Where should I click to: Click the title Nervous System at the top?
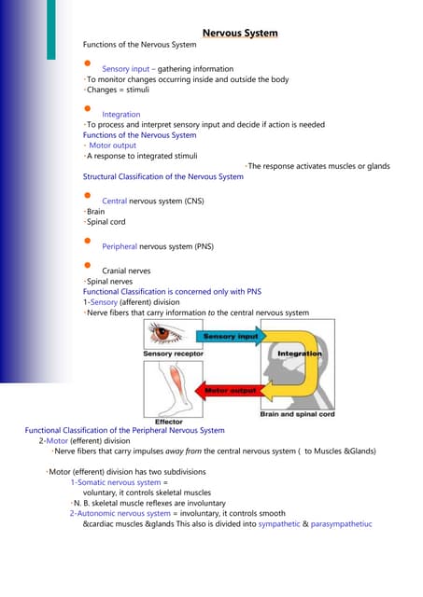(x=240, y=34)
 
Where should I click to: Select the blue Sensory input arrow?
(x=233, y=335)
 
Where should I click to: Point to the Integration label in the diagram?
(x=299, y=354)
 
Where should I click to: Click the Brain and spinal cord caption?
(x=297, y=414)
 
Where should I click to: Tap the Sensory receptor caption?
(x=168, y=354)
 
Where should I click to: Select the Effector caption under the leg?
(x=168, y=422)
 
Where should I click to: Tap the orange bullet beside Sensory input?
(x=87, y=64)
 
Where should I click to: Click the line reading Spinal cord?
(x=106, y=222)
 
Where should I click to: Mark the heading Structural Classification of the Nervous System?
(x=163, y=176)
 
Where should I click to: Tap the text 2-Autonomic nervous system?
(x=120, y=513)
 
